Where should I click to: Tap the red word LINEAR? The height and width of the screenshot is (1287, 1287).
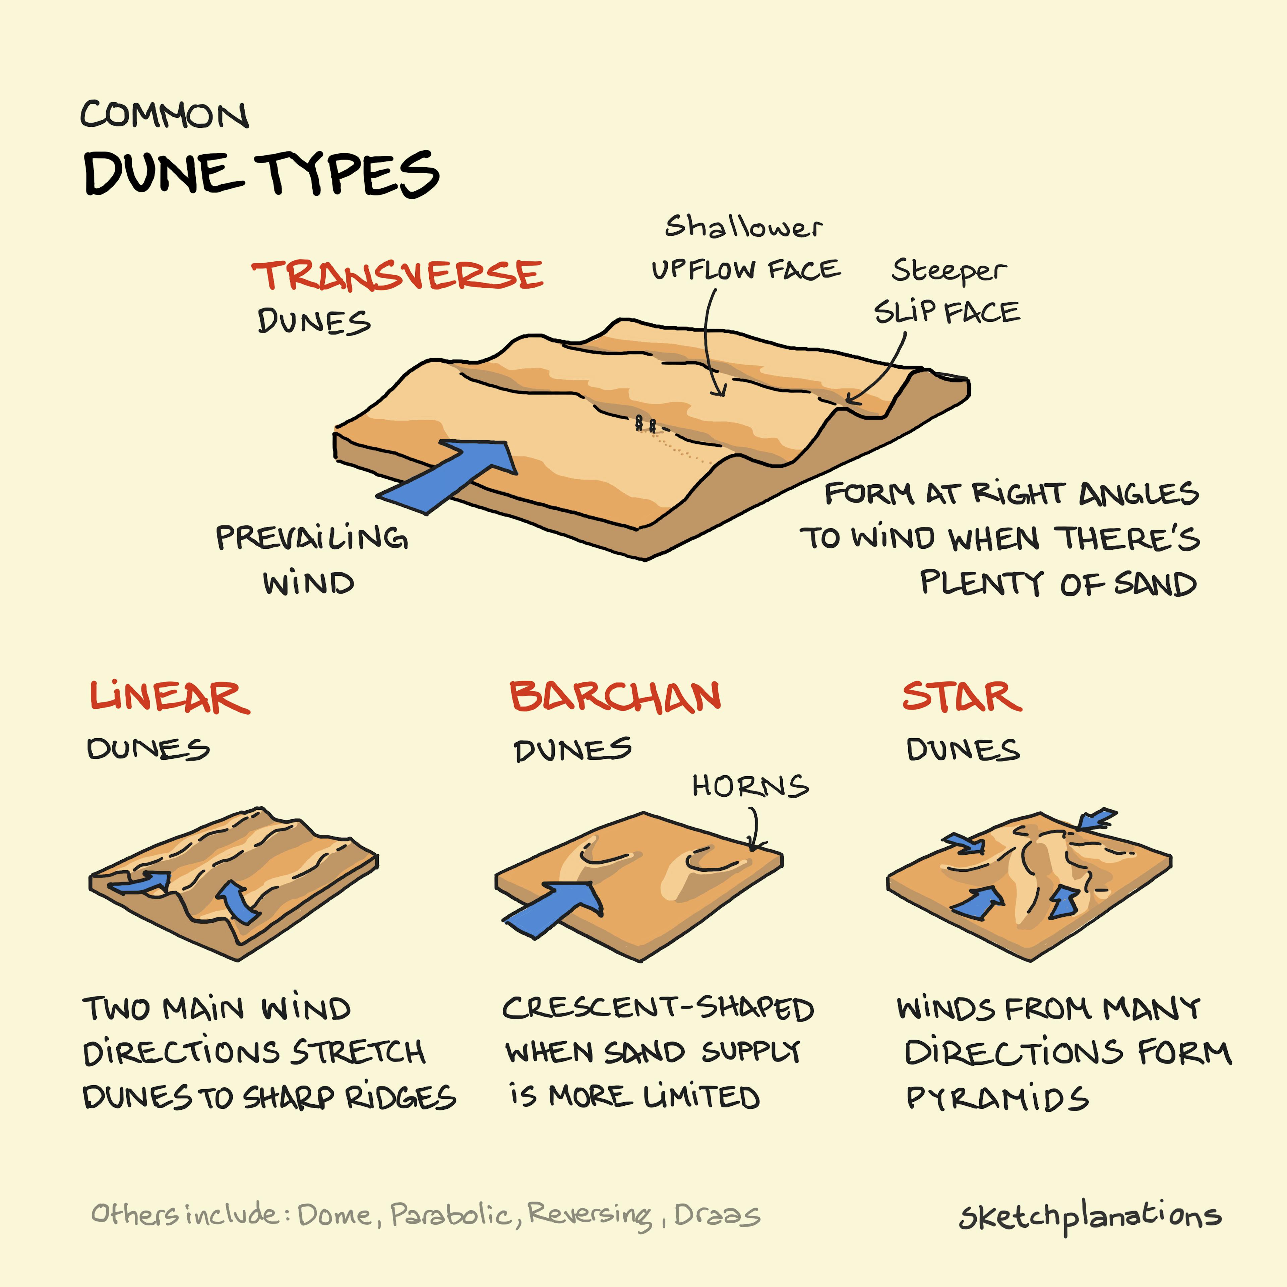[x=170, y=697]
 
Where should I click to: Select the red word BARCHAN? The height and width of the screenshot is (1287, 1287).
[x=615, y=697]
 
